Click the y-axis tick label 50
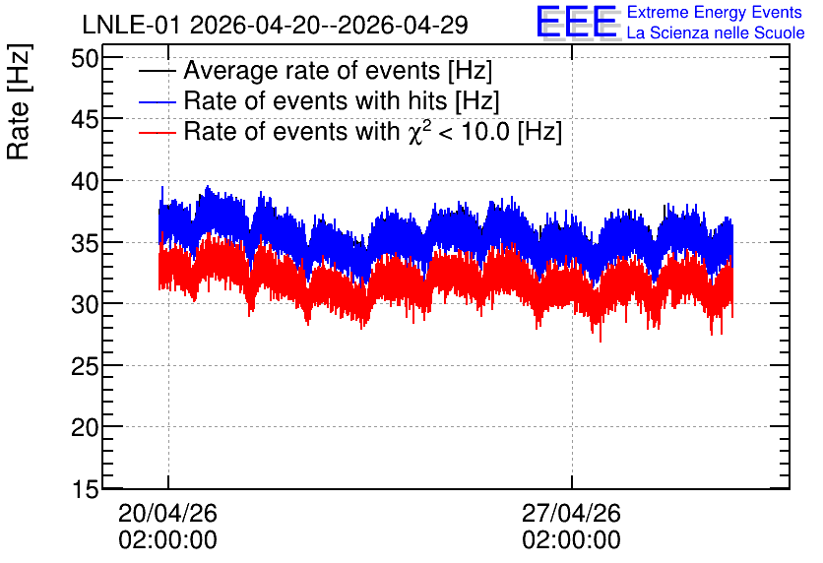(85, 58)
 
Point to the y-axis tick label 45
(85, 120)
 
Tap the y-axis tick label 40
(85, 181)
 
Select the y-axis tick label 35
(85, 243)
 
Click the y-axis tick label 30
(85, 305)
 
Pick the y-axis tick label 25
(85, 367)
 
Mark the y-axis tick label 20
(85, 428)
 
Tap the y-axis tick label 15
(85, 490)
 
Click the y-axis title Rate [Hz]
(19, 101)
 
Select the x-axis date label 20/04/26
(167, 513)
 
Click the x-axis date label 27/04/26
(571, 513)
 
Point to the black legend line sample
(157, 71)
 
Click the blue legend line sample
(157, 101)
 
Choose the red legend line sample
(157, 132)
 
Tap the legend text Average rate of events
(312, 70)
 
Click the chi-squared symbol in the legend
(415, 132)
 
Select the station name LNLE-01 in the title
(132, 25)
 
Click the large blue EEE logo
(577, 22)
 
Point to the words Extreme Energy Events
(715, 12)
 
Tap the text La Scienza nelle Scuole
(716, 32)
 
